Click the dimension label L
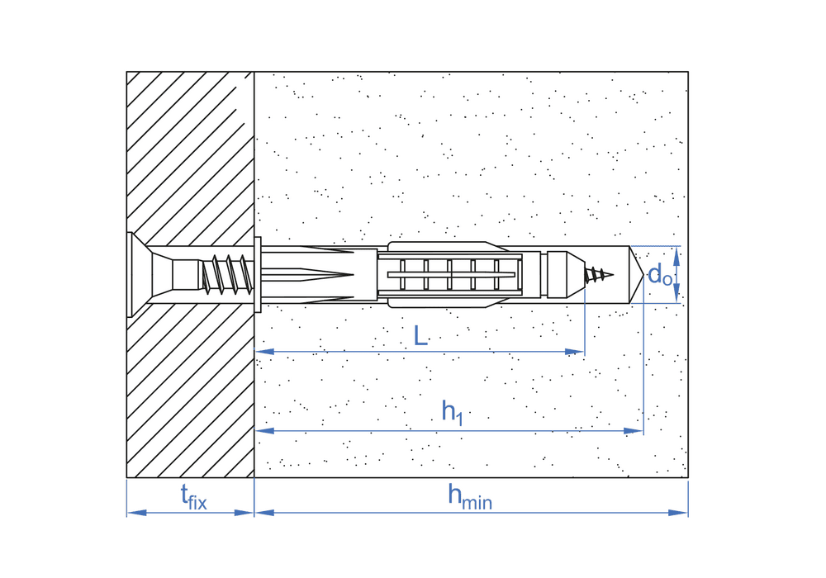420,335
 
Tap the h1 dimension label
453,412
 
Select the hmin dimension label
470,497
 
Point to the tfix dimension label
193,497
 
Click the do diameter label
659,275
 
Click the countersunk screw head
139,275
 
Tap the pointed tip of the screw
613,274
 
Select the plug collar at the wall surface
258,275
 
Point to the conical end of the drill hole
636,275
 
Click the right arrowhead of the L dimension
575,352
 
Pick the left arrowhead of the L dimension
264,352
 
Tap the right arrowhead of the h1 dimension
634,431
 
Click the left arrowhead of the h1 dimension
264,431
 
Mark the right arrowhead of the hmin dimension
678,513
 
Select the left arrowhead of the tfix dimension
136,513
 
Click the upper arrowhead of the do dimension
677,255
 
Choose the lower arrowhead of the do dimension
677,294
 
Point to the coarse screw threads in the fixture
228,275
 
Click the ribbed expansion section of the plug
449,275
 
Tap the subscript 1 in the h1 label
459,419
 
